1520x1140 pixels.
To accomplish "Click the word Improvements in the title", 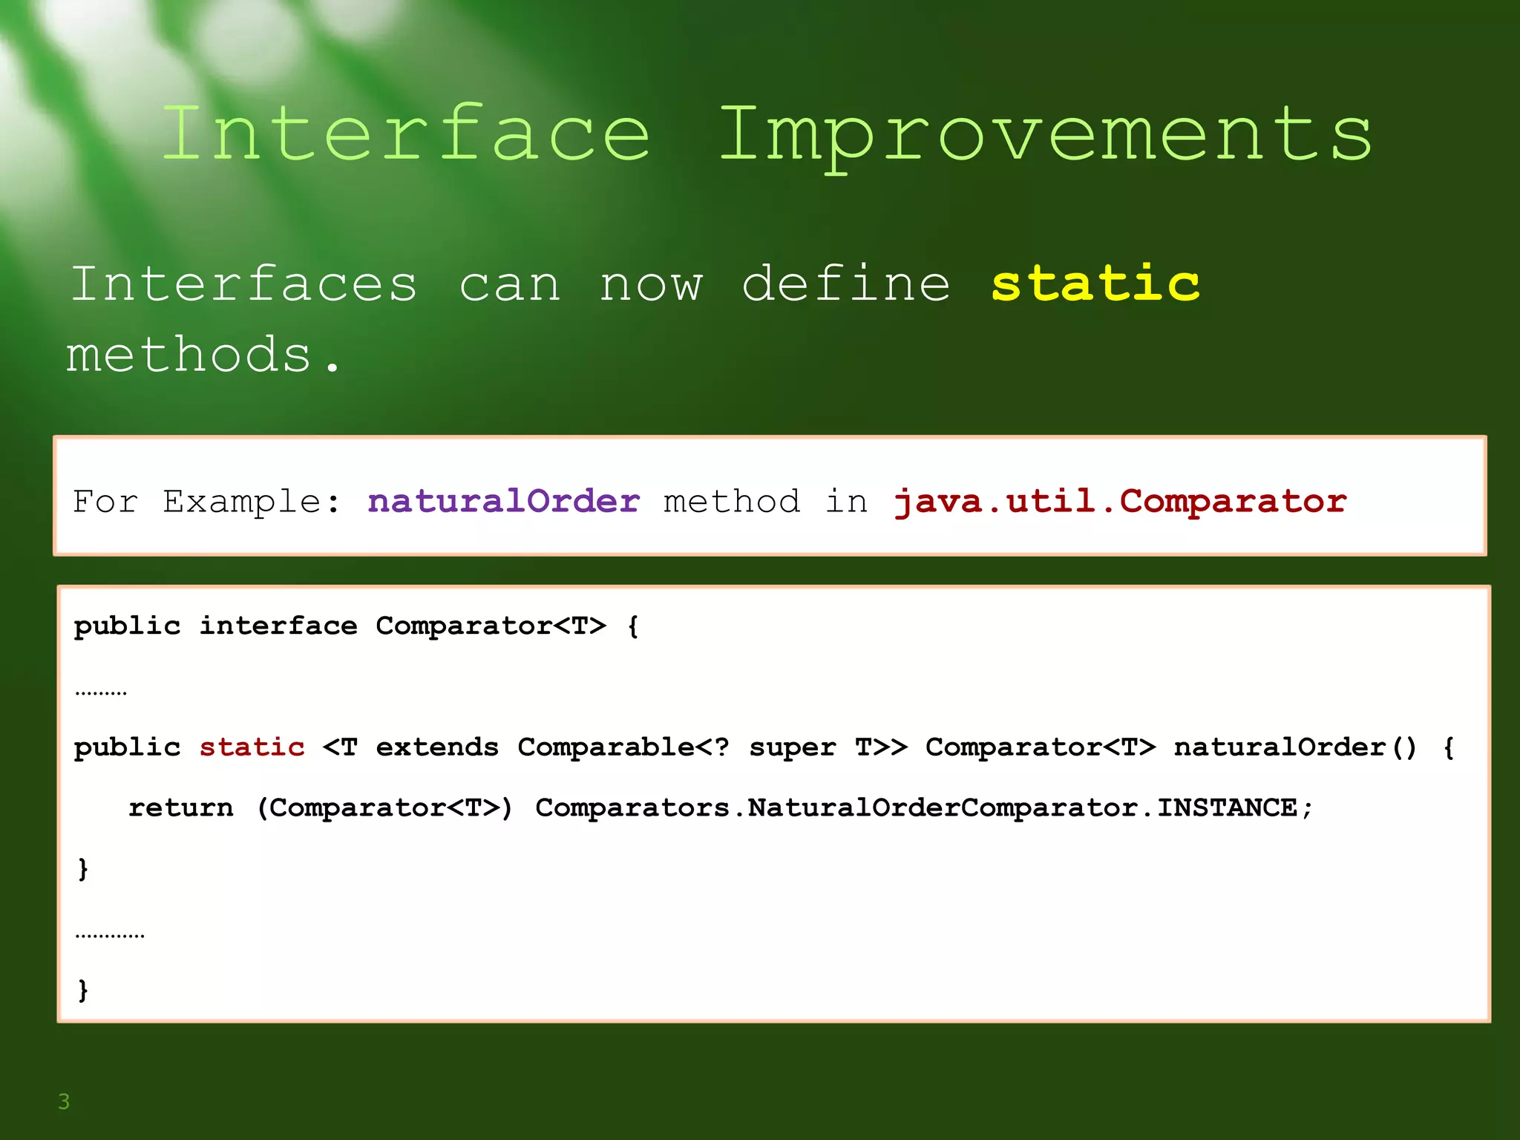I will tap(1045, 135).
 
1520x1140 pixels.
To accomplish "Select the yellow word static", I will tap(1095, 284).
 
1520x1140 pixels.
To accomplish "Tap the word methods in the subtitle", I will tap(189, 354).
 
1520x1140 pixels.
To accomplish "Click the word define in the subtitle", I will tap(846, 284).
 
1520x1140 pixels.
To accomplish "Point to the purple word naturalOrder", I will tap(503, 501).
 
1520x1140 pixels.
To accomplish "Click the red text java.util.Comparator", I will tap(1120, 501).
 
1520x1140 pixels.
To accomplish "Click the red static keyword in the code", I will tap(252, 747).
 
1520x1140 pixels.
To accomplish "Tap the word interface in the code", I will tap(278, 626).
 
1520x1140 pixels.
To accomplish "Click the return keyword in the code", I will tap(180, 807).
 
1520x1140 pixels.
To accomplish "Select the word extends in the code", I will tap(437, 747).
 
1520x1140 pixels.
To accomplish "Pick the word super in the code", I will tap(792, 747).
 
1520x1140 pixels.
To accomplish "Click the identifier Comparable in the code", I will tap(606, 747).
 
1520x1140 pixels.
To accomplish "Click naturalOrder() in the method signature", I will tap(1295, 747).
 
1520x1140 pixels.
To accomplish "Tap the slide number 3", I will tap(64, 1101).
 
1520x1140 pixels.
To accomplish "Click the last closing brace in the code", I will tap(83, 989).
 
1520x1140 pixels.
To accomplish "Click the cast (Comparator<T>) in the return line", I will tap(384, 807).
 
